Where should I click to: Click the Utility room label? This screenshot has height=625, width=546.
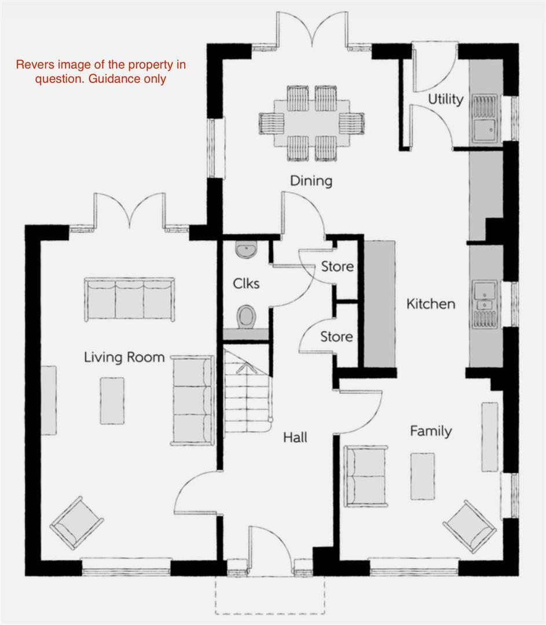(x=445, y=99)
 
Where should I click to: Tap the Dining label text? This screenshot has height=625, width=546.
(x=311, y=181)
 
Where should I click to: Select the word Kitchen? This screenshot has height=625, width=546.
(x=430, y=304)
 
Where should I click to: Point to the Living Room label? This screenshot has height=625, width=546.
(x=124, y=357)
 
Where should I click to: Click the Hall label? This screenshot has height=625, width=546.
(x=295, y=437)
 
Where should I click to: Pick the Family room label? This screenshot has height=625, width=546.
(x=431, y=431)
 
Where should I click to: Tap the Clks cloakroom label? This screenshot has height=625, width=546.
(x=246, y=284)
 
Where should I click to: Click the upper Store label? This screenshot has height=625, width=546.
(x=337, y=267)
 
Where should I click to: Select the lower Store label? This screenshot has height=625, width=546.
(x=336, y=336)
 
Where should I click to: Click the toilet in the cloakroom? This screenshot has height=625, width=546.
(x=247, y=316)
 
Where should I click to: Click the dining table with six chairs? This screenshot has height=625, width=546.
(x=312, y=123)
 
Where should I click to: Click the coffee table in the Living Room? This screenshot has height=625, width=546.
(x=112, y=400)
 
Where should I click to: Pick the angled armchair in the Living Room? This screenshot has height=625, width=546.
(x=77, y=522)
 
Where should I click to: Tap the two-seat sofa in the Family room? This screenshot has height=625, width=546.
(x=365, y=476)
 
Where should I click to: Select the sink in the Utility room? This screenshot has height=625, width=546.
(x=483, y=119)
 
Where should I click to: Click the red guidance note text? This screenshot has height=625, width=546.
(x=101, y=72)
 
